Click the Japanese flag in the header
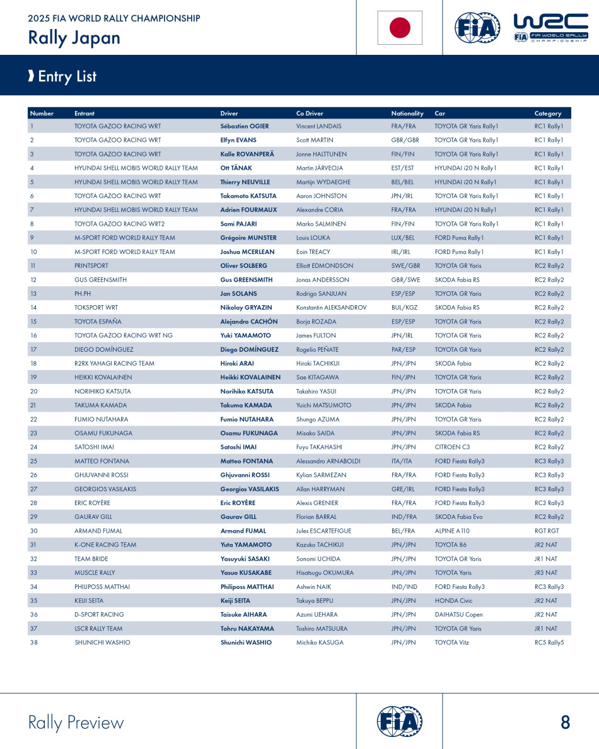pyautogui.click(x=400, y=28)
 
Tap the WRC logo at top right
pyautogui.click(x=551, y=28)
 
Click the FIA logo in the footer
pyautogui.click(x=399, y=721)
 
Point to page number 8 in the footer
pyautogui.click(x=565, y=723)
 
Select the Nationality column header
pyautogui.click(x=407, y=113)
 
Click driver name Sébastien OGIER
pyautogui.click(x=245, y=126)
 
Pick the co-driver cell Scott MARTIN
pyautogui.click(x=315, y=140)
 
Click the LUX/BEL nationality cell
pyautogui.click(x=404, y=238)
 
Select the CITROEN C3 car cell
pyautogui.click(x=452, y=447)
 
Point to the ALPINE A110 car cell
pyautogui.click(x=452, y=531)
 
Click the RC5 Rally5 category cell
pyautogui.click(x=549, y=642)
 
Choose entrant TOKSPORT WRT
pyautogui.click(x=96, y=308)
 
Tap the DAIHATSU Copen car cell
pyautogui.click(x=458, y=615)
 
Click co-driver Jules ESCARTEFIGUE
pyautogui.click(x=323, y=531)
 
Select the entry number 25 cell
pyautogui.click(x=33, y=461)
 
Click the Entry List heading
pyautogui.click(x=67, y=76)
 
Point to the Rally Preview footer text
pyautogui.click(x=76, y=723)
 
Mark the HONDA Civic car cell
pyautogui.click(x=453, y=601)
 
